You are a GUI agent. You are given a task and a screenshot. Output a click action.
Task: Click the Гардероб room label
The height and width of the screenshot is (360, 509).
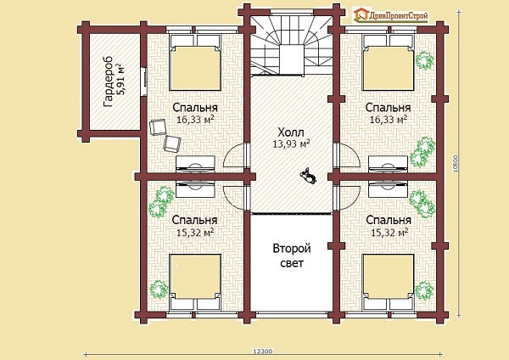[x=108, y=82]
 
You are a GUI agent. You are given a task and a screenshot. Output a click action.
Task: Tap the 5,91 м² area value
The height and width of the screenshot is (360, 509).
[x=120, y=80]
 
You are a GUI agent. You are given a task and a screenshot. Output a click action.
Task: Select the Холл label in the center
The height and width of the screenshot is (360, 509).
[x=291, y=132]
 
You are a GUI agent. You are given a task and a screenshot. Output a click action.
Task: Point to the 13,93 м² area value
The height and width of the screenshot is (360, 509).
[x=291, y=143]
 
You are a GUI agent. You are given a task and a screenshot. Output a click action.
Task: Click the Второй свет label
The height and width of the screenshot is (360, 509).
[x=292, y=256]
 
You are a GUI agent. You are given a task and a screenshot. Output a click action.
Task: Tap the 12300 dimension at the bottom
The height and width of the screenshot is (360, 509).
[x=262, y=352]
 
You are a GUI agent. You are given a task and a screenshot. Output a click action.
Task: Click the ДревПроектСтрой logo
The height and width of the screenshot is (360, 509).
[x=391, y=15]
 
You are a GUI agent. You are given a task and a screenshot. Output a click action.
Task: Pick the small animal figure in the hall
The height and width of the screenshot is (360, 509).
[x=308, y=176]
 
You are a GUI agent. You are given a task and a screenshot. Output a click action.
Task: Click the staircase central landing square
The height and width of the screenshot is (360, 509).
[x=292, y=60]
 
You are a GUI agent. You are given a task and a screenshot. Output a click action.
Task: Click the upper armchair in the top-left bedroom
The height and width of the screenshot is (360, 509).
[x=158, y=127]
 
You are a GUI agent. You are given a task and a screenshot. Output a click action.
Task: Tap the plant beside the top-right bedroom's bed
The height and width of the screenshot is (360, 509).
[x=425, y=60]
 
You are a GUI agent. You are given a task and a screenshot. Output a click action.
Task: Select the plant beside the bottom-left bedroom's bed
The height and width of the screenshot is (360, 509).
[x=159, y=290]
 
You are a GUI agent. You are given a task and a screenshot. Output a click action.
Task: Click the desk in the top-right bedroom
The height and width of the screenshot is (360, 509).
[x=389, y=165]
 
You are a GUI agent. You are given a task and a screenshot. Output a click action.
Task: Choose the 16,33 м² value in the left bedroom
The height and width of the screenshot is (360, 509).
[x=195, y=120]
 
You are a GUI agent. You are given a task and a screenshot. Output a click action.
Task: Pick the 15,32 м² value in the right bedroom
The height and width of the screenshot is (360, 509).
[x=389, y=233]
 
